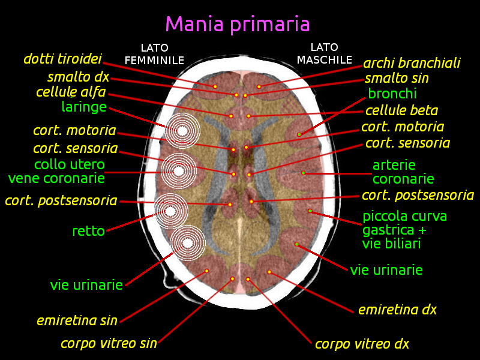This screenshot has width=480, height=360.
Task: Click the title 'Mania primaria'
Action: coord(238,25)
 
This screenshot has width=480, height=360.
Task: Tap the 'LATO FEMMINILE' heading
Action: coord(154,54)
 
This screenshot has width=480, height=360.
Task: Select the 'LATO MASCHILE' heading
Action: coord(325,53)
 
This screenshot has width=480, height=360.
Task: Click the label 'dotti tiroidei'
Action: coord(62,59)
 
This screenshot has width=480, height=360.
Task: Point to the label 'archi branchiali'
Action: coord(412,63)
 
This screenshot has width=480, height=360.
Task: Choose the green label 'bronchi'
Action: coord(392,94)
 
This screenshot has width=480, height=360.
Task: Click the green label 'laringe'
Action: coord(84,107)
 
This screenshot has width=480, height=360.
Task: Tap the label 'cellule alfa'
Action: coord(71,92)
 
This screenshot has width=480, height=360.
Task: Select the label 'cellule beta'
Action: coord(401,110)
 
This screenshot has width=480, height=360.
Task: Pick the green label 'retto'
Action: coord(88,230)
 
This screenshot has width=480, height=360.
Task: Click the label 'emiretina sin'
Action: coord(77,320)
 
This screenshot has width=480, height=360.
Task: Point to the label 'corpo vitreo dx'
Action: coord(362,344)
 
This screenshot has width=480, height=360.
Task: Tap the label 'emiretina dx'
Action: coord(397,310)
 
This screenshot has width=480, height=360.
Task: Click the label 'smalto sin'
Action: coord(397,78)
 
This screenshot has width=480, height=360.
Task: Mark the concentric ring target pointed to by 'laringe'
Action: coord(182,130)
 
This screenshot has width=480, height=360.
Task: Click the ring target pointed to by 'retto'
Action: coord(171,211)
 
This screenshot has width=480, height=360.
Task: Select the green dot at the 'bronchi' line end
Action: coord(299,134)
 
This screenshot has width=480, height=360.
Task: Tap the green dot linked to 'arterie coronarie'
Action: coord(303,173)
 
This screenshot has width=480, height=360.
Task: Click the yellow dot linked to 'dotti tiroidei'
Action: coord(215,86)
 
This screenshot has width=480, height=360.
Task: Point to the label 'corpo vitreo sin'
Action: coord(109,343)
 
